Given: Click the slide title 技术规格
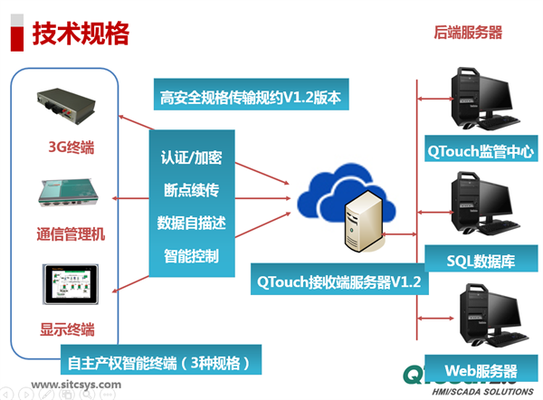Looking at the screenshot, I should coord(81,33).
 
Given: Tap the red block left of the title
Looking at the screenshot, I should coord(16,34).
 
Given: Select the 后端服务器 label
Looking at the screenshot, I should coord(468,33).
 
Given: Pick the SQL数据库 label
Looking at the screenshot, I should coord(481,261).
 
